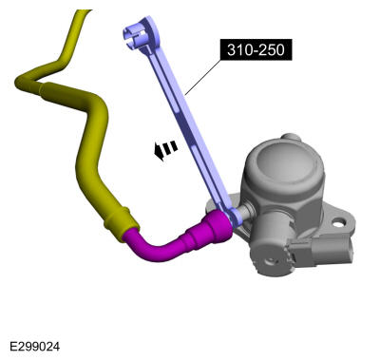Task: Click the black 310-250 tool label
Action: click(x=256, y=49)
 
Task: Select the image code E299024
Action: click(x=34, y=346)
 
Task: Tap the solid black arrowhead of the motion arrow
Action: click(x=160, y=152)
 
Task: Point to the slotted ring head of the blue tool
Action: click(x=140, y=34)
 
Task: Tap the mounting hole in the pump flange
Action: click(x=338, y=223)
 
